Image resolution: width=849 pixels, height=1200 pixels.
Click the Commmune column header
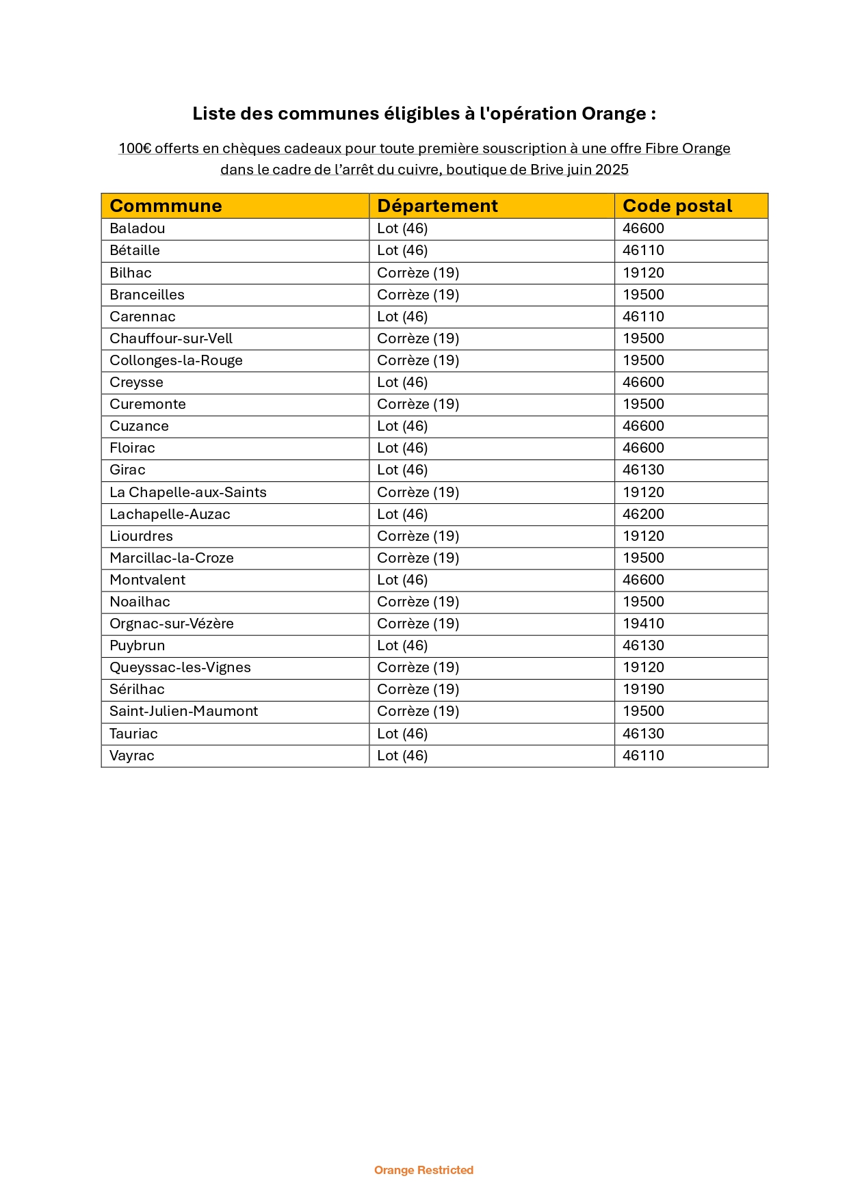click(x=166, y=206)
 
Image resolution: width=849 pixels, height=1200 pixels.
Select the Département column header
click(x=437, y=206)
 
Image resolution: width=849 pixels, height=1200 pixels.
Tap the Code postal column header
click(x=677, y=206)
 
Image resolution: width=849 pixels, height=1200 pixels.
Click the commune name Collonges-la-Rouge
click(x=176, y=360)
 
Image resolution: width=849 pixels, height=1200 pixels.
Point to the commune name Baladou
click(x=137, y=228)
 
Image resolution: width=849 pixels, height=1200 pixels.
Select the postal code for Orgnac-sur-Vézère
click(x=643, y=624)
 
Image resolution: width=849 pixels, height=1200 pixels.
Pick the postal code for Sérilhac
click(x=643, y=689)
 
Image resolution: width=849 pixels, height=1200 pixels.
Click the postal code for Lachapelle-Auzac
click(x=643, y=514)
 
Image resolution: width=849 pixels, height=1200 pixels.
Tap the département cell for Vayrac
click(x=402, y=756)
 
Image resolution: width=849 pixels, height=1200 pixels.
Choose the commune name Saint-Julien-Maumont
click(x=183, y=711)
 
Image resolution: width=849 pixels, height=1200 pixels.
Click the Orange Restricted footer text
click(x=423, y=1170)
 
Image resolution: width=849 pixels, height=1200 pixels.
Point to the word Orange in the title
click(x=614, y=114)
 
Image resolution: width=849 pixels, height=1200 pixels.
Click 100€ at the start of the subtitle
click(x=135, y=148)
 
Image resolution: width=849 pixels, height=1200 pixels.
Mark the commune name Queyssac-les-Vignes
click(x=180, y=667)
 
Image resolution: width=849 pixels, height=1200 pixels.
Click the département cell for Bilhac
click(x=418, y=273)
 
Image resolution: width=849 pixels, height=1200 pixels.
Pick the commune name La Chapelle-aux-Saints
click(x=187, y=492)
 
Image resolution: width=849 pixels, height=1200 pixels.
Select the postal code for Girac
click(x=643, y=470)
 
